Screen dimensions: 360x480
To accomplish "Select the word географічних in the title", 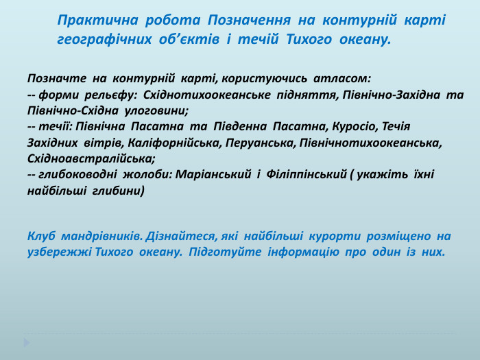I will pos(102,40).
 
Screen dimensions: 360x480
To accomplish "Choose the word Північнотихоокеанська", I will pos(372,143).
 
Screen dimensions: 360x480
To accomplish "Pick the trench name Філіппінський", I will pos(304,174).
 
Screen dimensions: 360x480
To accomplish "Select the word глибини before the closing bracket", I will pos(119,190).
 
